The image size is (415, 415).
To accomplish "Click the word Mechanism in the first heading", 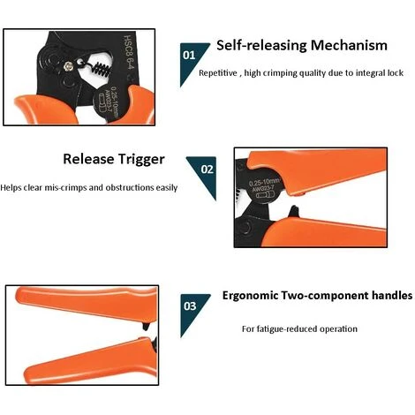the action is [349, 46].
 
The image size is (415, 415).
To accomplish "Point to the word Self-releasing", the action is [262, 46].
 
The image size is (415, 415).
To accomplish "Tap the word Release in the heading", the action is [88, 159].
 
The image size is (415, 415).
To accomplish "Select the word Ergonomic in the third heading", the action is [250, 296].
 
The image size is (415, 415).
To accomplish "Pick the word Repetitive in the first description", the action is [218, 73].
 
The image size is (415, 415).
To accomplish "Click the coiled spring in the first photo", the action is [102, 70].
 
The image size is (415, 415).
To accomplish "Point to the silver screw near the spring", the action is [69, 67].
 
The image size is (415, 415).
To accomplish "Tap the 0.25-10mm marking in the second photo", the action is [265, 183].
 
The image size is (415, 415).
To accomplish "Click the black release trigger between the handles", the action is [293, 212].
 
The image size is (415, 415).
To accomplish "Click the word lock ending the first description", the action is [395, 73].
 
